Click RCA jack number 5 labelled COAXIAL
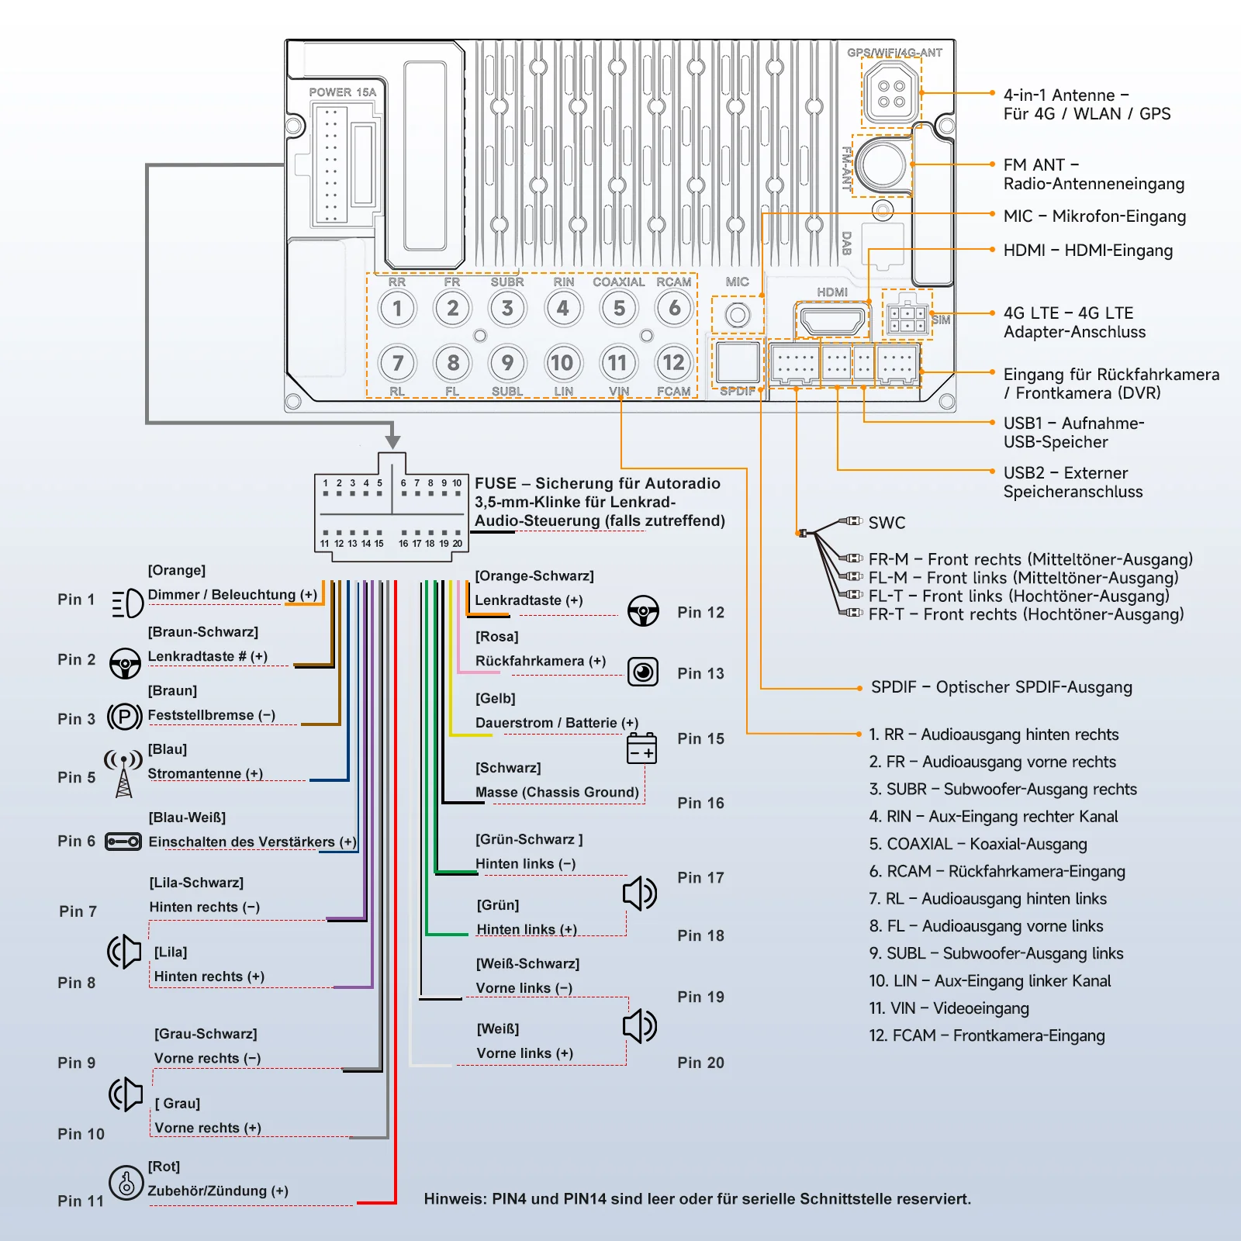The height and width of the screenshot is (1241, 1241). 619,308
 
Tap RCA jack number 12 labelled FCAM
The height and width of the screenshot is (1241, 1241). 673,362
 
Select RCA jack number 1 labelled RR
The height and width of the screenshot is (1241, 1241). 397,308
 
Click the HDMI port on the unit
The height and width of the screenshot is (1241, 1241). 832,320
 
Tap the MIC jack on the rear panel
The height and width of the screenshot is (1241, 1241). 738,315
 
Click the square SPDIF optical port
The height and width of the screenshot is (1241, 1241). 738,361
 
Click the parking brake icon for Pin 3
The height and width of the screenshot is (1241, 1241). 124,716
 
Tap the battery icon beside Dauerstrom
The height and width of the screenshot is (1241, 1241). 641,748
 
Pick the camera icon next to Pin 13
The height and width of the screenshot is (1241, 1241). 643,672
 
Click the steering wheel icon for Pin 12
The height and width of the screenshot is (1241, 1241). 643,611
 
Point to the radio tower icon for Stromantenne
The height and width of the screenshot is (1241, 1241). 123,773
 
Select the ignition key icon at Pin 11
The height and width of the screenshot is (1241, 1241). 126,1183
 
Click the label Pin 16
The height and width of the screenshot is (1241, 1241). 700,803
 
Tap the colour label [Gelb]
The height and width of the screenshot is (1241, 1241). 495,698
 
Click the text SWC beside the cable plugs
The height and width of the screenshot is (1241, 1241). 887,523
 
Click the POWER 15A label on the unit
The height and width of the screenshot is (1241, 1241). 342,92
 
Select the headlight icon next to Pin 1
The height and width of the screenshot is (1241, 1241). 127,603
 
